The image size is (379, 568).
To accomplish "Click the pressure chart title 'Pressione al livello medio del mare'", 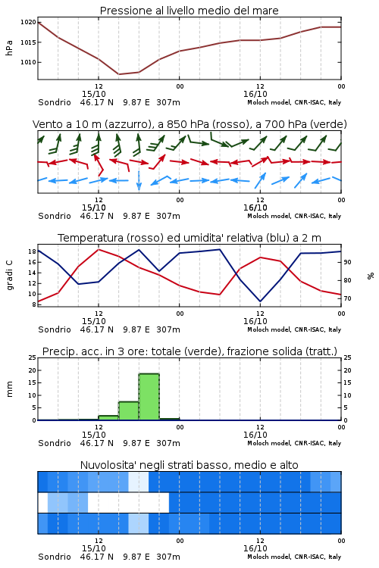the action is click(189, 11).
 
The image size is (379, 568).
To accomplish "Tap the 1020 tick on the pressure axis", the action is click(28, 23).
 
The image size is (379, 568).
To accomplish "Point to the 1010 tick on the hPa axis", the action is click(28, 62).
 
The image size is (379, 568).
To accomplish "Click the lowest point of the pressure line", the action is click(119, 74).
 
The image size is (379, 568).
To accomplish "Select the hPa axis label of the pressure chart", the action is click(9, 48).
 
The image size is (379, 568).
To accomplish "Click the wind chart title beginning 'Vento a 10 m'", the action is click(189, 124).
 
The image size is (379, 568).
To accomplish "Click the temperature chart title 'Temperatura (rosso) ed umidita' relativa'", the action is click(189, 238).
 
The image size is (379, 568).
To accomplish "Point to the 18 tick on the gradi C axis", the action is click(32, 251).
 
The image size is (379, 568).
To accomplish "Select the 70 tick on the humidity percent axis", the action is click(347, 298).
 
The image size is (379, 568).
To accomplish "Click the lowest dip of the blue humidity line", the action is click(261, 301).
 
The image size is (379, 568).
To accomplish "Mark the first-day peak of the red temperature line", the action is click(99, 249).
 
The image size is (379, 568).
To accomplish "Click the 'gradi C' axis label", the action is click(9, 276).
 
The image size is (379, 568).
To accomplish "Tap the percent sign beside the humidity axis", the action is click(371, 276).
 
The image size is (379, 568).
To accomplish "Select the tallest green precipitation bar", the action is click(149, 397).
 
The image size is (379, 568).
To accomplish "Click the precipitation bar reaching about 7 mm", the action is click(129, 410).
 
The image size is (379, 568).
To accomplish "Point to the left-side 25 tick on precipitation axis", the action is click(33, 357).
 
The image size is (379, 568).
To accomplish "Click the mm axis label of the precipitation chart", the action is click(9, 389).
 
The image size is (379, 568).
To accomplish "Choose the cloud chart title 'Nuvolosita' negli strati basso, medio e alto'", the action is click(189, 465).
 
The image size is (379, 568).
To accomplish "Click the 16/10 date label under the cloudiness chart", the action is click(255, 548).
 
